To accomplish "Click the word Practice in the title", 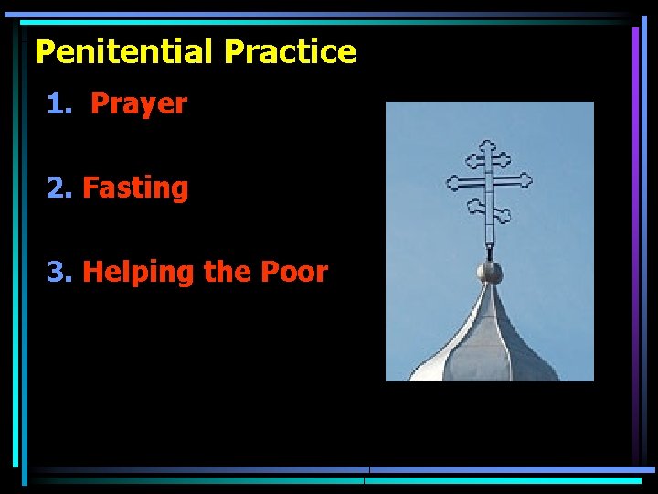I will tap(290, 51).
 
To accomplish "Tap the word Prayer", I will tap(139, 104).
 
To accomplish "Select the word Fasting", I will tap(135, 188).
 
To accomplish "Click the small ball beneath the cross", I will tap(490, 272).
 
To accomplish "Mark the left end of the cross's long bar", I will tap(449, 183).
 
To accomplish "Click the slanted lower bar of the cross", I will tap(489, 210).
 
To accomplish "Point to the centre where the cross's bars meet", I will tap(489, 180).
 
